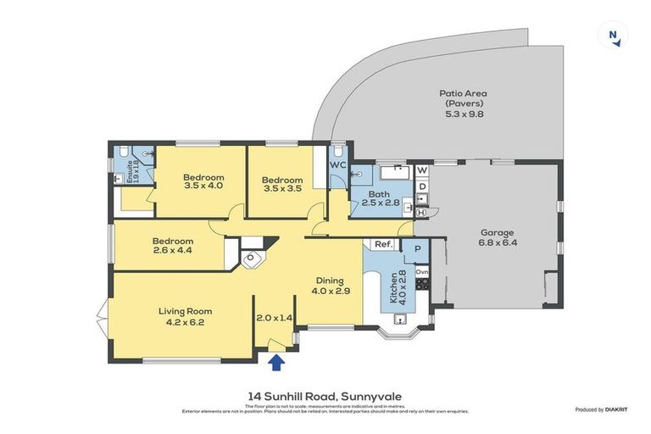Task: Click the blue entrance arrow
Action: (x=275, y=363)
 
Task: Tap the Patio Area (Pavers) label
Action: (x=462, y=103)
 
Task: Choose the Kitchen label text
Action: (x=395, y=288)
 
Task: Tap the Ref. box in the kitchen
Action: (x=383, y=246)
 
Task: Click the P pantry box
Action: (x=417, y=248)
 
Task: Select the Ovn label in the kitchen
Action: (x=421, y=271)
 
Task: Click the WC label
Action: (x=337, y=164)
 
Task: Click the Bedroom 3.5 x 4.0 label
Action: (x=203, y=181)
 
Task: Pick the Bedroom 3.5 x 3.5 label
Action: (x=281, y=184)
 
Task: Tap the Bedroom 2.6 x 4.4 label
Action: (x=173, y=246)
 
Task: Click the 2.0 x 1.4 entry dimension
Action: (x=274, y=317)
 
